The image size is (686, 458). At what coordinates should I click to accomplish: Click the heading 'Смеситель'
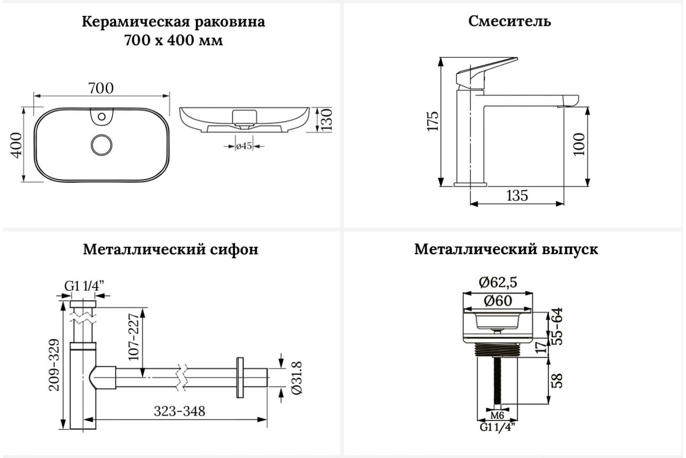coord(510,22)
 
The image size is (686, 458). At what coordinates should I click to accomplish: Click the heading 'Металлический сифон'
coord(170,250)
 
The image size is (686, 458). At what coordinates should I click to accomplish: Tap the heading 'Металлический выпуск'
coord(506,250)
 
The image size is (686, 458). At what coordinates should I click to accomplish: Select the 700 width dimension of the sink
coord(101,88)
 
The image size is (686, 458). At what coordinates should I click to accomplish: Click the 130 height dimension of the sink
coord(326,119)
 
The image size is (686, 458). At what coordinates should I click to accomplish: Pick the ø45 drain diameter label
coord(244,147)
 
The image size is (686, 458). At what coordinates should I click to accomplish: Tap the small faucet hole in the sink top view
coord(102,118)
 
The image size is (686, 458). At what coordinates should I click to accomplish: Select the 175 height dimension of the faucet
coord(432,121)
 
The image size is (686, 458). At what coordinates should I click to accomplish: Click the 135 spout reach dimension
coord(517,196)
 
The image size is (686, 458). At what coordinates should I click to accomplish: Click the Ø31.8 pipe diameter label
coord(296,377)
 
